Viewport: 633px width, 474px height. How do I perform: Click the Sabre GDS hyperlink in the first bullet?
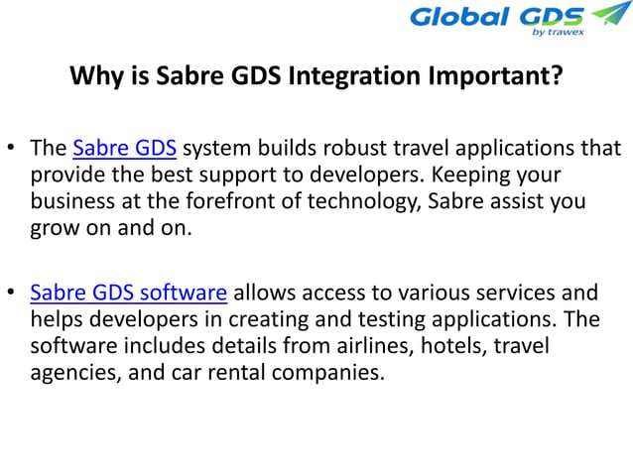pyautogui.click(x=125, y=150)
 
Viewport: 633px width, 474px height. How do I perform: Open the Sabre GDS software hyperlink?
pyautogui.click(x=129, y=293)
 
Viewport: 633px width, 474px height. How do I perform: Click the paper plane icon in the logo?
pyautogui.click(x=609, y=15)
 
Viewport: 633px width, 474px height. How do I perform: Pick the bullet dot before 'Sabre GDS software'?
pyautogui.click(x=13, y=294)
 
